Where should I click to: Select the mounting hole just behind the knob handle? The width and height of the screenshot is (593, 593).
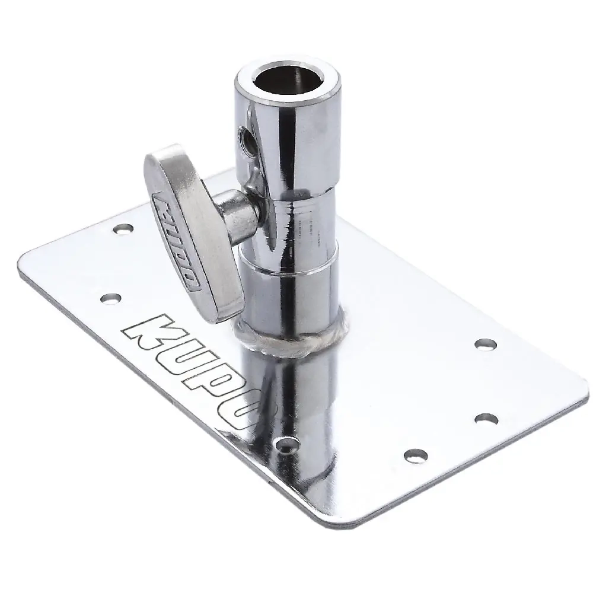click(x=123, y=227)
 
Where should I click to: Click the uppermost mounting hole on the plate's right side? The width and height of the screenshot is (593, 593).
click(x=484, y=343)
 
